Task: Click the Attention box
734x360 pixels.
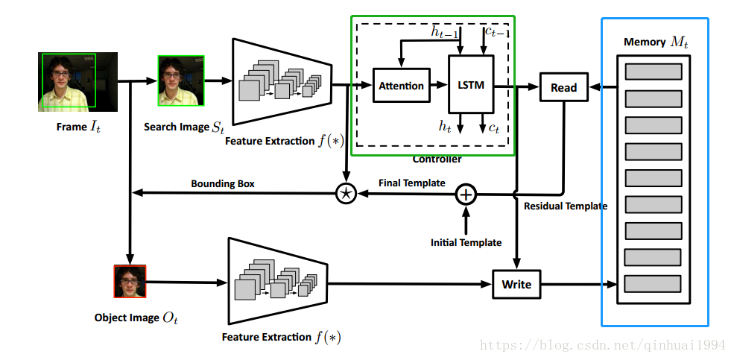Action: click(401, 85)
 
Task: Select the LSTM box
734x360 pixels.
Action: click(471, 84)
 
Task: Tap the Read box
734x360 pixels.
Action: click(563, 87)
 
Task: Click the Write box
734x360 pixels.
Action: click(516, 284)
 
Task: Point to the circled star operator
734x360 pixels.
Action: click(346, 193)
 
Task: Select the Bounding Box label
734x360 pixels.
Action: click(223, 184)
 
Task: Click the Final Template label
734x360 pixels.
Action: click(412, 183)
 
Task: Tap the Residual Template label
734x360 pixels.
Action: click(566, 206)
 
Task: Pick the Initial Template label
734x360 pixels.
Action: click(466, 242)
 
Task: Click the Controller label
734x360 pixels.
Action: click(437, 160)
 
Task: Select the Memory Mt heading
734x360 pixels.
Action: click(657, 42)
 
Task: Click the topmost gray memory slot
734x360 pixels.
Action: click(654, 72)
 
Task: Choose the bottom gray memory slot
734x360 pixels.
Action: click(653, 284)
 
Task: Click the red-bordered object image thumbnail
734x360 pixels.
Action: click(130, 281)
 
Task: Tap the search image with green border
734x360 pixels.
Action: click(181, 80)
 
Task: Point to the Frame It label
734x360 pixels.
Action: click(78, 127)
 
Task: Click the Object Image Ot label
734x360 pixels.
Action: click(136, 318)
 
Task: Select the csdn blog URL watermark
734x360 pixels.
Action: click(604, 346)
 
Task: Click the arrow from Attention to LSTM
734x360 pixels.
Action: click(439, 85)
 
